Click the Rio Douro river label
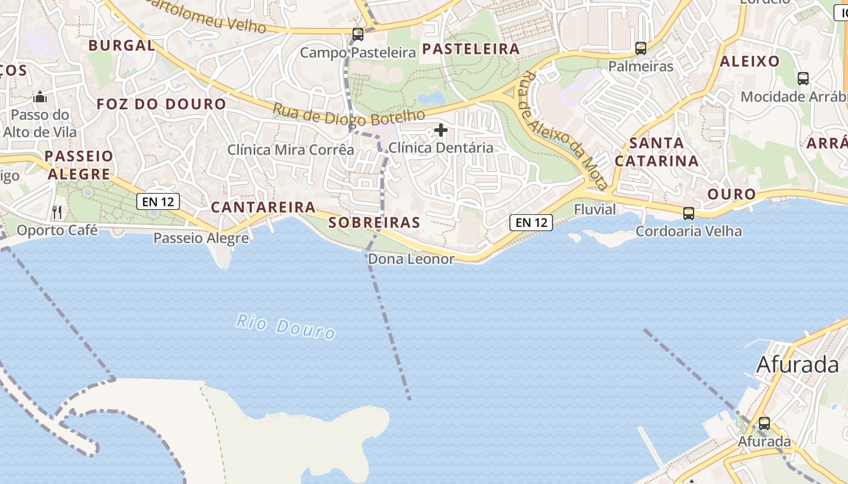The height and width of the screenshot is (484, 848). point(285,326)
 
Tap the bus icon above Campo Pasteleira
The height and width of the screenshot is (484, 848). point(358,34)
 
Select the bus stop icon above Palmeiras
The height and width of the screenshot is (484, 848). point(641,48)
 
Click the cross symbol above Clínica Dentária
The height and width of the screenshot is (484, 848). point(441,129)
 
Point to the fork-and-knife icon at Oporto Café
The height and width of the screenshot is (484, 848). point(57,212)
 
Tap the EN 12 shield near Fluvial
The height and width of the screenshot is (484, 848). point(532,222)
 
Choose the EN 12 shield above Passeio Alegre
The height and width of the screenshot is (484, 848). point(158,201)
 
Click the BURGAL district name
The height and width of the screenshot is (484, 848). point(122,45)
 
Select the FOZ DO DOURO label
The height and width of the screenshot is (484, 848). point(161,104)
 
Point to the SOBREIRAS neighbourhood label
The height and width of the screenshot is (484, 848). point(374,223)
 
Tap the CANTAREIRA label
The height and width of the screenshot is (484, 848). point(263,208)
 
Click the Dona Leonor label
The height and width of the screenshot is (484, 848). point(411,260)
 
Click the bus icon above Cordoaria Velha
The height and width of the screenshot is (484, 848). point(689,213)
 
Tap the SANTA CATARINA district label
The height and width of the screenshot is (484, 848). point(657,152)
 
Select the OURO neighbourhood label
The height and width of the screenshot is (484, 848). point(732,194)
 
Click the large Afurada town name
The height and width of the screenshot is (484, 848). point(798,365)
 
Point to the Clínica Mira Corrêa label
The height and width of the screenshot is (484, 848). point(291,149)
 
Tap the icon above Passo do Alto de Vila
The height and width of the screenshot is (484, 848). point(40,97)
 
